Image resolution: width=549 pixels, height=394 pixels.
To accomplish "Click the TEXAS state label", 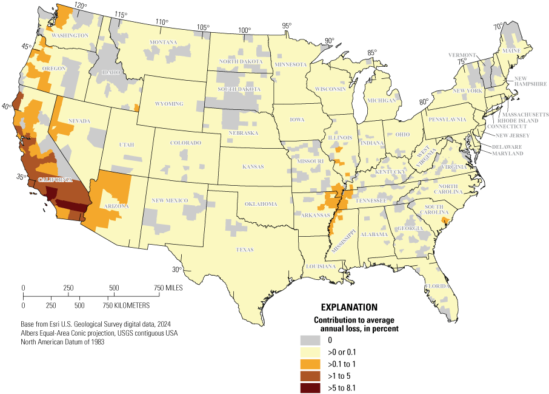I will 245,250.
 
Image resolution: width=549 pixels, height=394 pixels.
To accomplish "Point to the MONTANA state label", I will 164,42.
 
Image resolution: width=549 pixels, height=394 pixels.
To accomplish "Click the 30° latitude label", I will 176,270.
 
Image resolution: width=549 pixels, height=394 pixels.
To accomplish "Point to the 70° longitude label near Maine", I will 497,27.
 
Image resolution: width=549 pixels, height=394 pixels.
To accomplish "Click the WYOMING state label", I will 169,104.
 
